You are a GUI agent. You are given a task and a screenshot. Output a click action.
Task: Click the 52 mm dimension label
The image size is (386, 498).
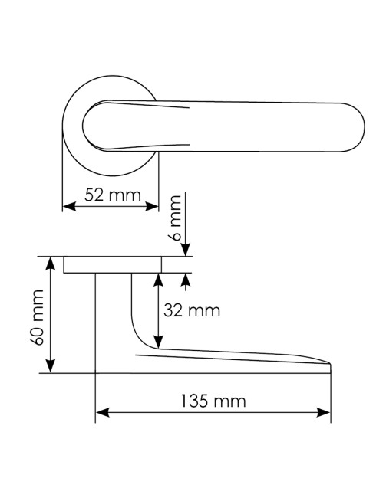(112, 195)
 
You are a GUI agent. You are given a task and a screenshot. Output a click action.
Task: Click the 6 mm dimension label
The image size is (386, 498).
(175, 218)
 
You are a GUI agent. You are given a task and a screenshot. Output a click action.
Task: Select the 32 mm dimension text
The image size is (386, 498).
(192, 310)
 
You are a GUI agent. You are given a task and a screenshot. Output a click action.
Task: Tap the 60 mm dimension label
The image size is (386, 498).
(38, 317)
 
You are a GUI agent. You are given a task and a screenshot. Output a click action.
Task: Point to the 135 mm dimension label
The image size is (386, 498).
(213, 401)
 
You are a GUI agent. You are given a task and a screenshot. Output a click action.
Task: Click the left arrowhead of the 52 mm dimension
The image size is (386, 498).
(69, 206)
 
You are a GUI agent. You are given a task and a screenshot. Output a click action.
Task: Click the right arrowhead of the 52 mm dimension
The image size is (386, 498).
(152, 206)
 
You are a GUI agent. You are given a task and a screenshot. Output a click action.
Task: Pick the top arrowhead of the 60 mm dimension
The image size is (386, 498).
(51, 264)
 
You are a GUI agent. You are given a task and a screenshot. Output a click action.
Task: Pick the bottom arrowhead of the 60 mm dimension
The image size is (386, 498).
(51, 366)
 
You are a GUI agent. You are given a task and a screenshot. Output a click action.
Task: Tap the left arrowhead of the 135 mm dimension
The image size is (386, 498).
(103, 412)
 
